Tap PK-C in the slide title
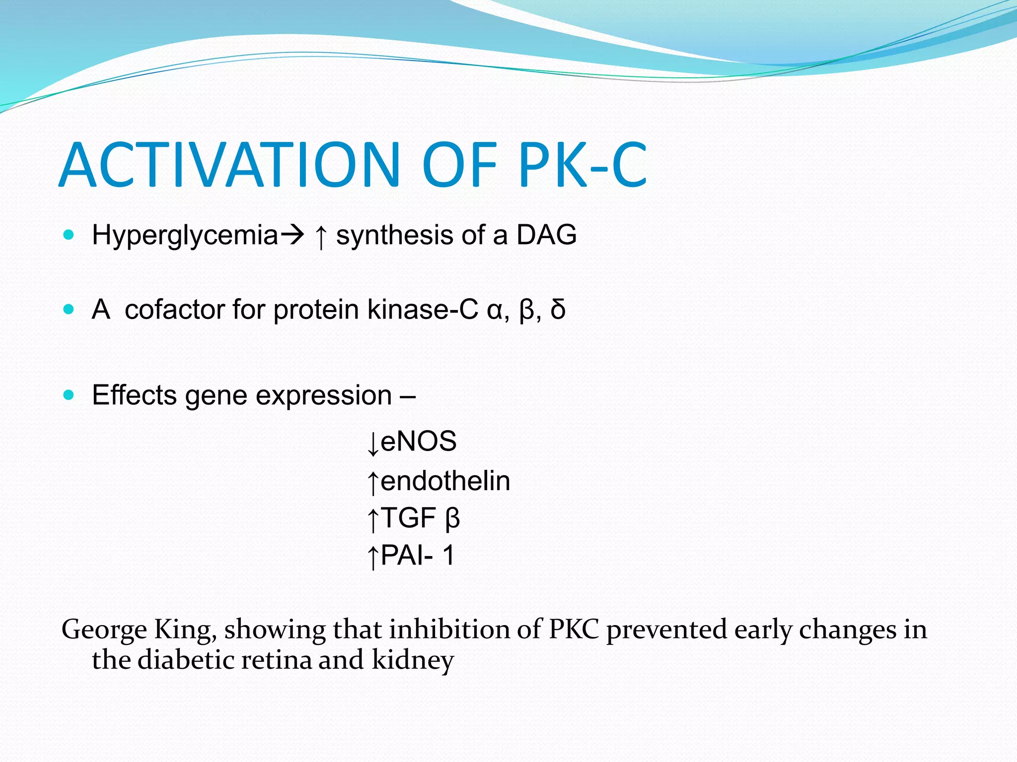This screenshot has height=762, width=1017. tap(582, 165)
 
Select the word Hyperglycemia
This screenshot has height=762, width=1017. tap(185, 235)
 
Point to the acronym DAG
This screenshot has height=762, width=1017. tap(546, 235)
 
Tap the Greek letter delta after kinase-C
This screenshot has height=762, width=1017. tap(558, 310)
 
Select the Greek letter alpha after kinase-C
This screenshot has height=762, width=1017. tap(495, 311)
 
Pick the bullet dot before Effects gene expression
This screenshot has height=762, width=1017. tap(69, 395)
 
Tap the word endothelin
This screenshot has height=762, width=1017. tap(445, 481)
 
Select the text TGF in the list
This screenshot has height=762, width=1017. tap(408, 518)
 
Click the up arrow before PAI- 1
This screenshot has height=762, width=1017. tap(373, 557)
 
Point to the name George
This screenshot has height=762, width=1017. tap(104, 630)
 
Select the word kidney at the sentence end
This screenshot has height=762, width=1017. tap(413, 661)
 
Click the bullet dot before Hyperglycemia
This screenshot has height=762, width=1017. tap(69, 235)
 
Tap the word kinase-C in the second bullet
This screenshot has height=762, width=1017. tap(423, 310)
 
